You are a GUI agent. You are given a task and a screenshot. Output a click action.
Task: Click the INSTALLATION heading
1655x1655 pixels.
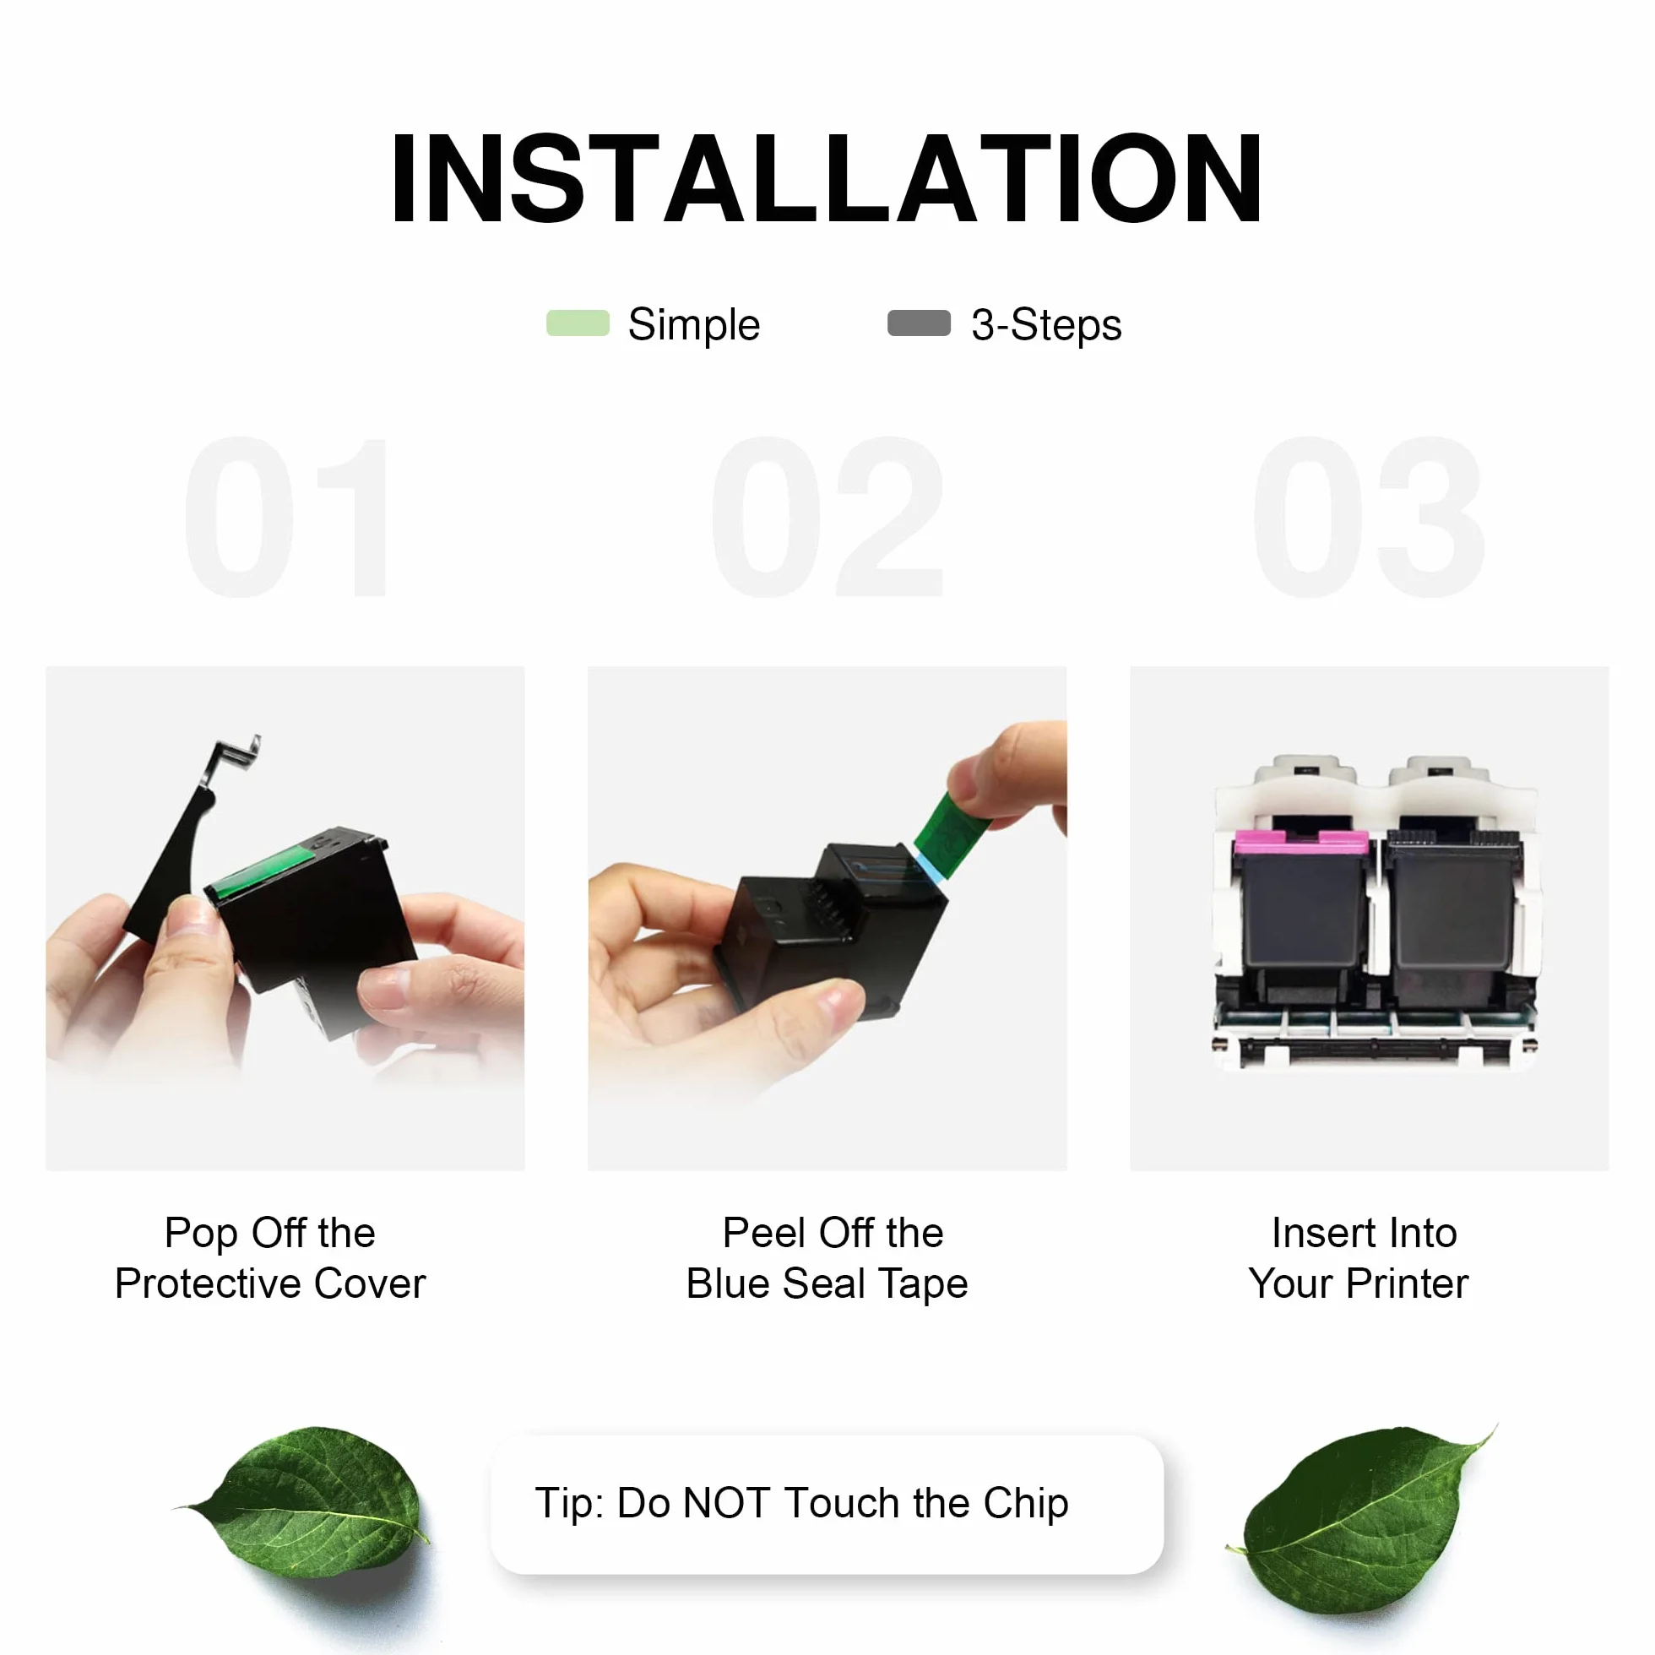(x=827, y=179)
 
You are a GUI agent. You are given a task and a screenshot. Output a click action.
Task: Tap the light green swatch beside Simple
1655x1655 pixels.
(x=578, y=323)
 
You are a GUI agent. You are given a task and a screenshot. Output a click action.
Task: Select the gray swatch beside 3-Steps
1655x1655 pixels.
(x=920, y=323)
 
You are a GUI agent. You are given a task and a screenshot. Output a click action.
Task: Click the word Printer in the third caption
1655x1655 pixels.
(x=1407, y=1283)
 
